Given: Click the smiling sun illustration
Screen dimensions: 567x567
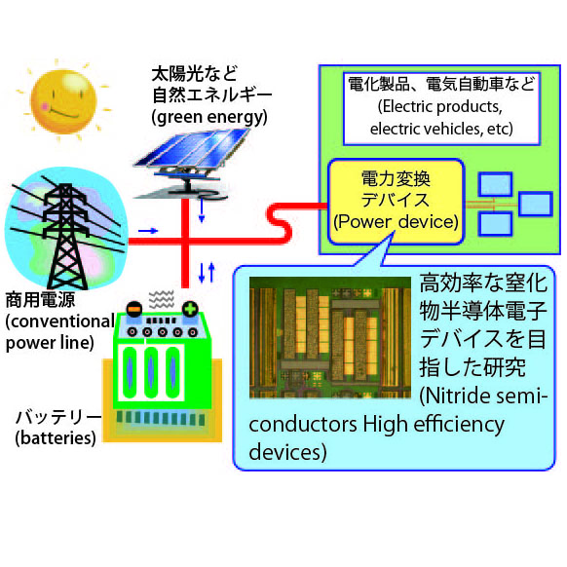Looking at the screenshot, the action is pos(63,101).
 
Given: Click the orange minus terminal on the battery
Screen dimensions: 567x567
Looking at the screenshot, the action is pos(133,310).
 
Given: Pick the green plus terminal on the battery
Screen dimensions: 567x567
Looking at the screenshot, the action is pos(190,310).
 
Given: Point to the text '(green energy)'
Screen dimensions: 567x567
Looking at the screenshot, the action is pos(209,118).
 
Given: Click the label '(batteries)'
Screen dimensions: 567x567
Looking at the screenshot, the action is pos(56,437).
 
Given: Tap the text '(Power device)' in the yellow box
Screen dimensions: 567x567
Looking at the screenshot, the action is pos(396,221).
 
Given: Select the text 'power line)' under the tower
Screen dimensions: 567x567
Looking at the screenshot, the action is pos(50,343).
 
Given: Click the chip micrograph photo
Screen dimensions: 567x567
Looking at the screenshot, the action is pos(330,337).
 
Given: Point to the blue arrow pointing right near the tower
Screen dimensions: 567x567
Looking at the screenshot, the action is pos(148,231).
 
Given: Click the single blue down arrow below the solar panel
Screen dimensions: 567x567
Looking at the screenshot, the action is pos(202,209).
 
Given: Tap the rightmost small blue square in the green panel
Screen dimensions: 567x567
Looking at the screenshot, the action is pos(536,205).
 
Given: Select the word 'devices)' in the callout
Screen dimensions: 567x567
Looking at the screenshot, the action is pos(287,452).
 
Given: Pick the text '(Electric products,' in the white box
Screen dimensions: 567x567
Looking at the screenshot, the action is pos(440,106).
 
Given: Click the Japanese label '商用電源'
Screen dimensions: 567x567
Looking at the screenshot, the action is pos(41,300).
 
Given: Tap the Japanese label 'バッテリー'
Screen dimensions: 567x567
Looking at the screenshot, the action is pos(58,417).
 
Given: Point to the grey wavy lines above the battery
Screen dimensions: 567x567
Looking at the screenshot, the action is pos(162,299).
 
